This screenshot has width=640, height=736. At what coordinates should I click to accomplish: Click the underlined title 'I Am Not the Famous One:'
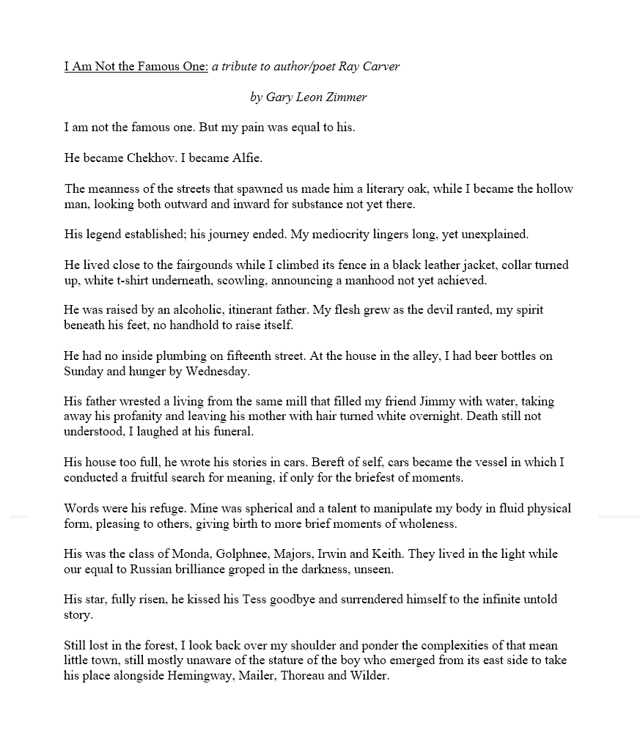pyautogui.click(x=136, y=67)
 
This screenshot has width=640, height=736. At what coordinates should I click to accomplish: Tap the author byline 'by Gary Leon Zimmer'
pyautogui.click(x=309, y=97)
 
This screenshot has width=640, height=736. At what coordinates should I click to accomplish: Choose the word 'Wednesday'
pyautogui.click(x=220, y=371)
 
